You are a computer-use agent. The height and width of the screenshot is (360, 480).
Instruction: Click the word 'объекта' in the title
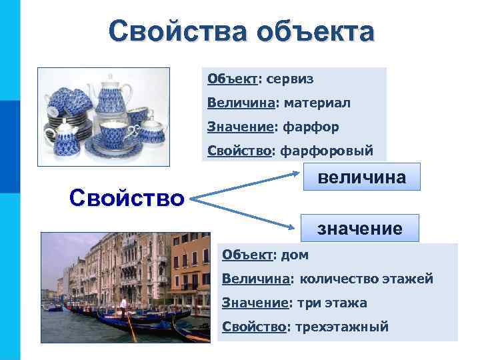click(x=320, y=31)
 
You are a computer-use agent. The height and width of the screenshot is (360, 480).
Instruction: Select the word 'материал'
click(x=317, y=103)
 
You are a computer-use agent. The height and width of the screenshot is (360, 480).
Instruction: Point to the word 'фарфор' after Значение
click(x=311, y=127)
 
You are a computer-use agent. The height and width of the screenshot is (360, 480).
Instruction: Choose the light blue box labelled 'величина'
click(x=361, y=178)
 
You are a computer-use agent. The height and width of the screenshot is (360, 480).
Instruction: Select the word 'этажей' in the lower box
click(x=408, y=279)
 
